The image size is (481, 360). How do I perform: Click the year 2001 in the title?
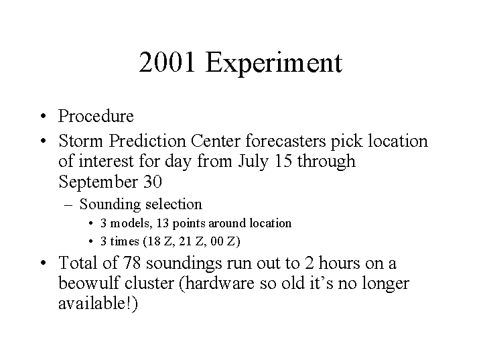click(x=167, y=62)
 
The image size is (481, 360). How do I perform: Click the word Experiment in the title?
click(x=273, y=64)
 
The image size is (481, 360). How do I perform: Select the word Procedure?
click(x=96, y=116)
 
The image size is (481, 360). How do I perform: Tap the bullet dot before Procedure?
click(x=44, y=117)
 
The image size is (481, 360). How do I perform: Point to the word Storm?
click(x=80, y=141)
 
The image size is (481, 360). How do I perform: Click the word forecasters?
click(x=285, y=141)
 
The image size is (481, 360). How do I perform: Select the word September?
click(x=98, y=182)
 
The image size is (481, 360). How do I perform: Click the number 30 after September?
click(x=153, y=182)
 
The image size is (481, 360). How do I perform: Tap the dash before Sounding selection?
click(x=68, y=204)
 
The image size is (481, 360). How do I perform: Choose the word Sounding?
click(x=110, y=204)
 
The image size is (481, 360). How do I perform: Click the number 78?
click(x=132, y=263)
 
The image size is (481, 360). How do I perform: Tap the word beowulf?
click(x=89, y=283)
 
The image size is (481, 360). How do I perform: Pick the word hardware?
click(x=220, y=283)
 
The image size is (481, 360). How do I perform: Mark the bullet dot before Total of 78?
click(x=44, y=263)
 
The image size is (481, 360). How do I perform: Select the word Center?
click(x=215, y=141)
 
